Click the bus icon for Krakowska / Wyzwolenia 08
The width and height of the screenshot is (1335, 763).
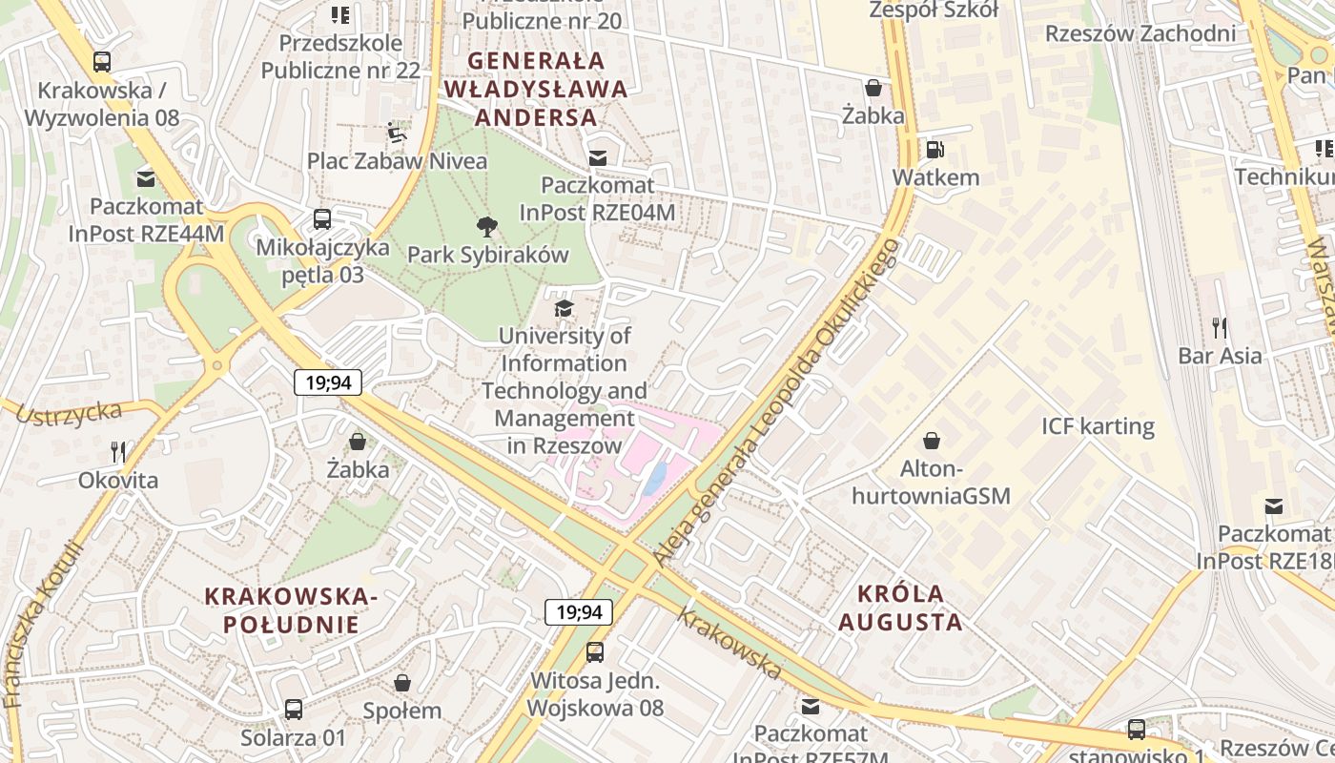tap(102, 62)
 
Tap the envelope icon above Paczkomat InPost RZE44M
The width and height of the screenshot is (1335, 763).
tap(146, 178)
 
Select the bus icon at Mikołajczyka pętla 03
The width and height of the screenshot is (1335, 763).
tap(322, 219)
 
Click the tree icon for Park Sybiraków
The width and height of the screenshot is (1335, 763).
tap(487, 227)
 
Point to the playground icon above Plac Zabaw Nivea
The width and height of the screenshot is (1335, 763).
tap(397, 132)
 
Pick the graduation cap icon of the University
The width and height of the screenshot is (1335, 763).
tap(565, 308)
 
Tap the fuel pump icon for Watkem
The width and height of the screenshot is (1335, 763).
tap(934, 150)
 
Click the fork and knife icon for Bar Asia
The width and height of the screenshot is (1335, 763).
tap(1219, 328)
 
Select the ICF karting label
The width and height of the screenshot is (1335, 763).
tap(1098, 426)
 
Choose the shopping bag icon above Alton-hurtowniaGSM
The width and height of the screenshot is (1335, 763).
tap(931, 441)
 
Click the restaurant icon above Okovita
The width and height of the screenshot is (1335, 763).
tap(118, 451)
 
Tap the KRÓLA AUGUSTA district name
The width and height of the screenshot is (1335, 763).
tap(900, 608)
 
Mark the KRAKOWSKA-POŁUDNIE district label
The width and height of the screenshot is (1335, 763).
tap(292, 610)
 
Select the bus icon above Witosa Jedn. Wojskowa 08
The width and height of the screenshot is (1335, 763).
tap(595, 652)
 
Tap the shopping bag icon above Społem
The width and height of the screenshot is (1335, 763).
tap(402, 683)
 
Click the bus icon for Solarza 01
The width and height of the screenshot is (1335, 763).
tap(294, 710)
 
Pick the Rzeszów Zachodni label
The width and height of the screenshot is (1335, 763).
tap(1140, 33)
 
